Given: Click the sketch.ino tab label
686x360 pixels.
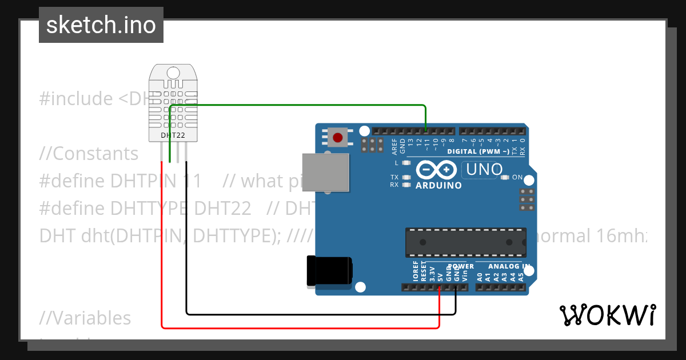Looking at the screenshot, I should point(101,25).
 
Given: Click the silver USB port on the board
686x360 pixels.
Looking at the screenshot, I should point(325,171).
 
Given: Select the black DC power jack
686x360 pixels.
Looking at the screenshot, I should point(329,271).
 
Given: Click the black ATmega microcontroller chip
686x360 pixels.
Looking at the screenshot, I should point(466,242).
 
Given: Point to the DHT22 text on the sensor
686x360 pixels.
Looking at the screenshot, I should point(173,135).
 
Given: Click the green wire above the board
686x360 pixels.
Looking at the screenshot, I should point(309,105).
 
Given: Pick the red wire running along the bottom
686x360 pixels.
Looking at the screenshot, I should point(297,327).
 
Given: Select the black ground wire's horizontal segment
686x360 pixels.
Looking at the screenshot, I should point(320,314).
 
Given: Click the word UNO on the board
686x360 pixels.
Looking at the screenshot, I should point(484,170).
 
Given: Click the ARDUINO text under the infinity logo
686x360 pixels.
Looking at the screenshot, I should point(438,185).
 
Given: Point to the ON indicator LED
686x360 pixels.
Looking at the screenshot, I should point(504,177).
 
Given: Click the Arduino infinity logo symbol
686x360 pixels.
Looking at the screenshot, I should point(437,170).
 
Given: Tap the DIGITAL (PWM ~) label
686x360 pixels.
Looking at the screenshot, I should point(478,151).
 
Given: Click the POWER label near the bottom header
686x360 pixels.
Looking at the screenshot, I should point(461,266).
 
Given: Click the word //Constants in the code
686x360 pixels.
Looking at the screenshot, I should point(89,154).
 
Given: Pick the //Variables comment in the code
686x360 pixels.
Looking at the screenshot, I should point(85,318).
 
